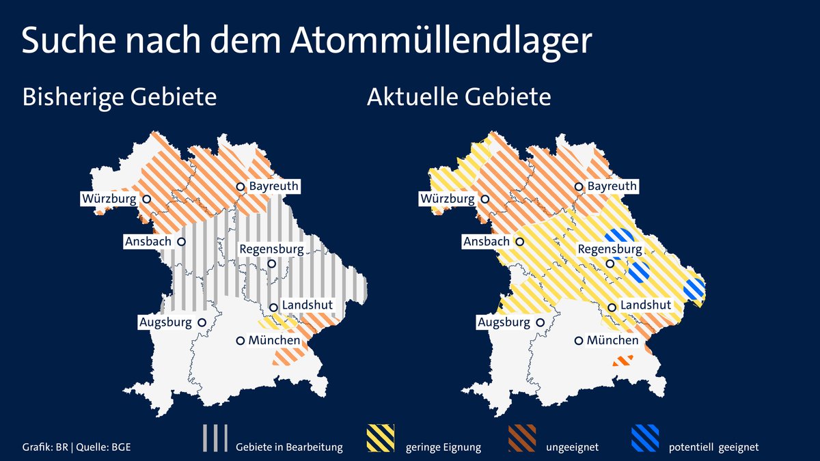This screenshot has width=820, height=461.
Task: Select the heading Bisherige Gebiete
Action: point(120,97)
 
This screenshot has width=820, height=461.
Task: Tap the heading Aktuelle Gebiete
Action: point(459,97)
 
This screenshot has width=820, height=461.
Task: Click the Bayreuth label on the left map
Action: point(274,186)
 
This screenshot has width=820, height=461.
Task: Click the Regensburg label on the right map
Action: point(610,249)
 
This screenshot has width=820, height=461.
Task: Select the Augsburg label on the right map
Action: point(504,322)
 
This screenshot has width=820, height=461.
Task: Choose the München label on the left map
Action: point(274,340)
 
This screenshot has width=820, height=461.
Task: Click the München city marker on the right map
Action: point(579,340)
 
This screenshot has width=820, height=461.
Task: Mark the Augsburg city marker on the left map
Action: point(202,322)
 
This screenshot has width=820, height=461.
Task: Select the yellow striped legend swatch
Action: point(381,438)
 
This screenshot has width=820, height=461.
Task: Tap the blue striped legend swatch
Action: point(644,438)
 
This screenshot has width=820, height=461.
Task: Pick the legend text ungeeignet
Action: point(572,448)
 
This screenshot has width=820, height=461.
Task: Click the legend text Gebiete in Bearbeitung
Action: point(289,448)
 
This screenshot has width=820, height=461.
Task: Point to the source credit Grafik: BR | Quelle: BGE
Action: point(77,447)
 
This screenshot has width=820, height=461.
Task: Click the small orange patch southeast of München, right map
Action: point(623,360)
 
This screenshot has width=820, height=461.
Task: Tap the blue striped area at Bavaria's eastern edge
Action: point(694,289)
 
